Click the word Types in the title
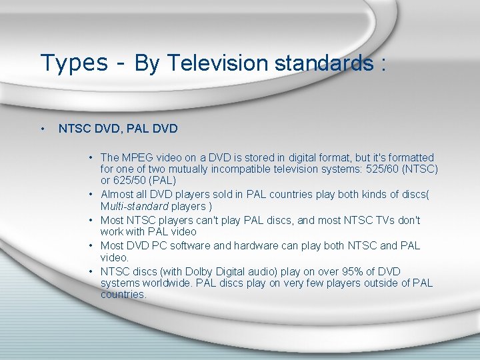[73, 63]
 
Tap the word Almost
[118, 194]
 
